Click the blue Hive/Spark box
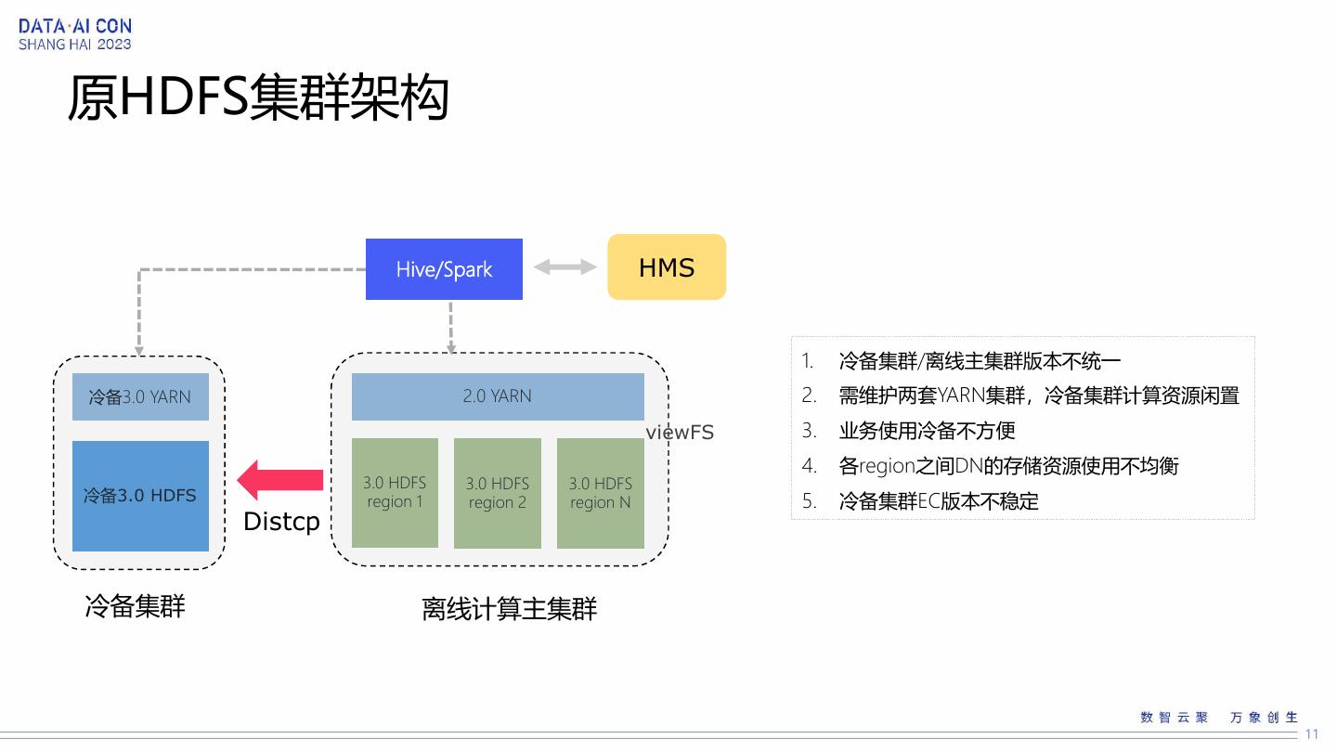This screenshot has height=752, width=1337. click(x=444, y=269)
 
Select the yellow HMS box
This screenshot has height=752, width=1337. click(x=667, y=267)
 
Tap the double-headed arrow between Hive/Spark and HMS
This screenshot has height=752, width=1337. click(x=565, y=267)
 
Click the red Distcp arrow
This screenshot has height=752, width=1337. click(x=280, y=480)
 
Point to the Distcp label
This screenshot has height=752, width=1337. click(x=281, y=522)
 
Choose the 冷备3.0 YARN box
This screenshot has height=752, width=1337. click(x=140, y=397)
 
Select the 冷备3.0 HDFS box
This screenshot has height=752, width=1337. click(x=140, y=496)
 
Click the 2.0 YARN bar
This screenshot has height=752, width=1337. click(x=498, y=396)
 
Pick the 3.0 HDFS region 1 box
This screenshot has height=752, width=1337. click(x=395, y=493)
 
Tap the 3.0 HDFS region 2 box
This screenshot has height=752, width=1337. click(x=498, y=493)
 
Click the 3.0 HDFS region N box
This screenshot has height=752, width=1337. click(x=600, y=493)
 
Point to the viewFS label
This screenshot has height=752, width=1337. click(x=680, y=432)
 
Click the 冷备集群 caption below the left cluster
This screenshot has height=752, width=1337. click(x=136, y=606)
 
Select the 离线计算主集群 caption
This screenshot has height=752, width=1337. click(x=509, y=609)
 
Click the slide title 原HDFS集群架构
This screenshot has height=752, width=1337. click(x=259, y=98)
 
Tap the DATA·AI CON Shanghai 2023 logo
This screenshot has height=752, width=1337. click(x=75, y=34)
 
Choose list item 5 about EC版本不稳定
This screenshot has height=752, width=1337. click(x=938, y=501)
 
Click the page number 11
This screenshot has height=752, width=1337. click(x=1312, y=734)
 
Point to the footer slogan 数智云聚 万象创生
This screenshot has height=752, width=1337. click(x=1219, y=718)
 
